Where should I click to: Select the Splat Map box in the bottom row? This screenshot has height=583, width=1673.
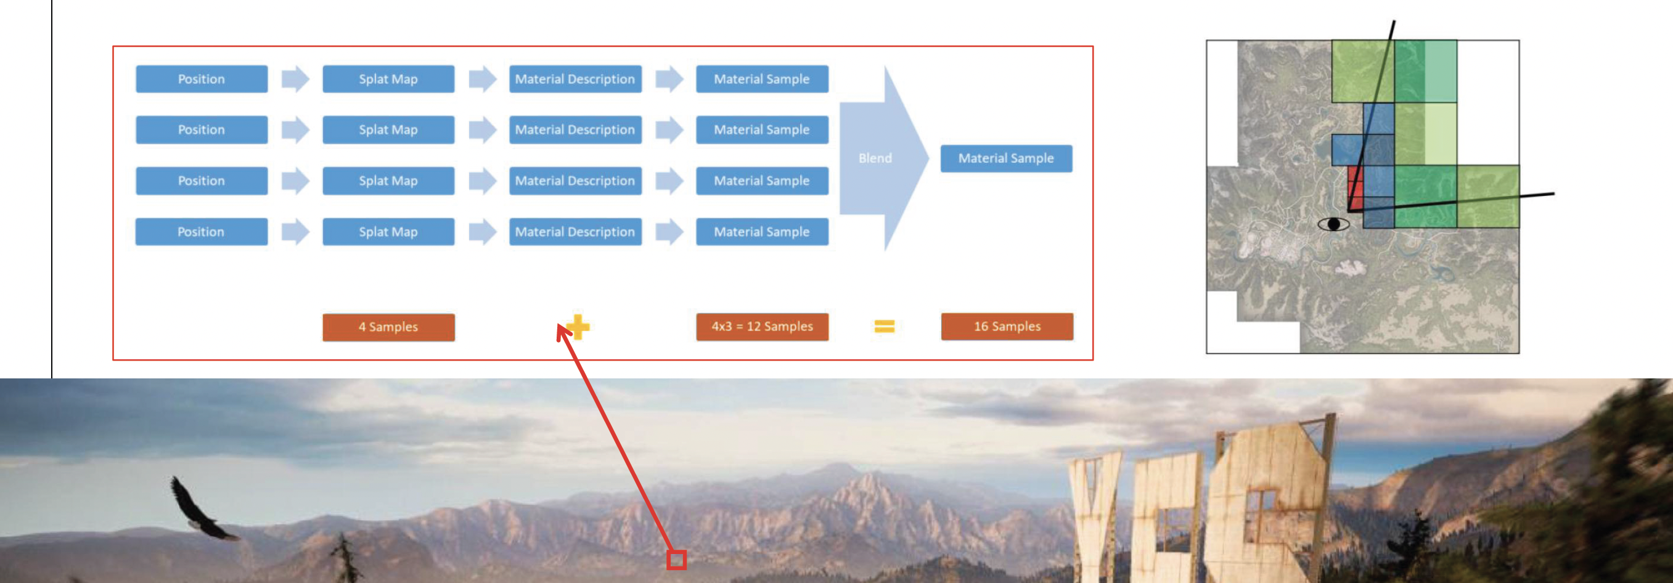pos(388,232)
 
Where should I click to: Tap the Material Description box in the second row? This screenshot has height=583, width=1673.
pos(575,130)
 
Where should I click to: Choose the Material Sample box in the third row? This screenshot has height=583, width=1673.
pos(762,181)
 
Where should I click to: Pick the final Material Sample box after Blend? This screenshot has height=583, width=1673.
pos(1006,158)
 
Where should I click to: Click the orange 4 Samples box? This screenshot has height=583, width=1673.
pos(388,327)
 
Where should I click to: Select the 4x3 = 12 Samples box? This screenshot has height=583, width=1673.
pos(762,327)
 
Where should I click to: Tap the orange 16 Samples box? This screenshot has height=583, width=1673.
pos(1007,327)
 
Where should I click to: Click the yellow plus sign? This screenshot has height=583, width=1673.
pos(578,327)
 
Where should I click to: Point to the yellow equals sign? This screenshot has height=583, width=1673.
pos(885,326)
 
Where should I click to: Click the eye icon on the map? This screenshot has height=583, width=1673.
pos(1333,224)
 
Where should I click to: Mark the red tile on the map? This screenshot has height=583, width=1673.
pos(1355,189)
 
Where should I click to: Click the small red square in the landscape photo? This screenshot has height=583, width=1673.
pos(677,560)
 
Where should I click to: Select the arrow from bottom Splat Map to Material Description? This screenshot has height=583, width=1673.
pos(483,232)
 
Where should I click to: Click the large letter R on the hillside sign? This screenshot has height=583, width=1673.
pos(1263,500)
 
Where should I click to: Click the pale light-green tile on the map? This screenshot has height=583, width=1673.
pos(1441,133)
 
